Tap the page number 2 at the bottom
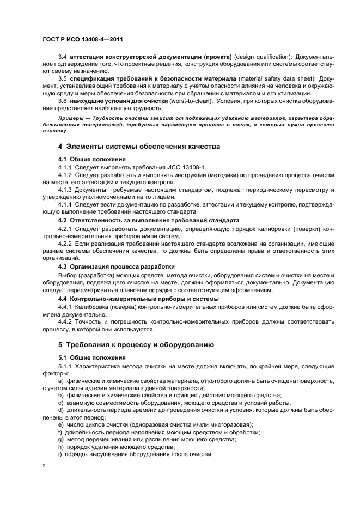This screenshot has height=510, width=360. pos(44,465)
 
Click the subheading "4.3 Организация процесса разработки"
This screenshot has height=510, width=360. pos(117,266)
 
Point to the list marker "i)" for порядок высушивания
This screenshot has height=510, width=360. pos(60,454)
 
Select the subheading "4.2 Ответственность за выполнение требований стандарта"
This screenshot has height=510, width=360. pos(148,220)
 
